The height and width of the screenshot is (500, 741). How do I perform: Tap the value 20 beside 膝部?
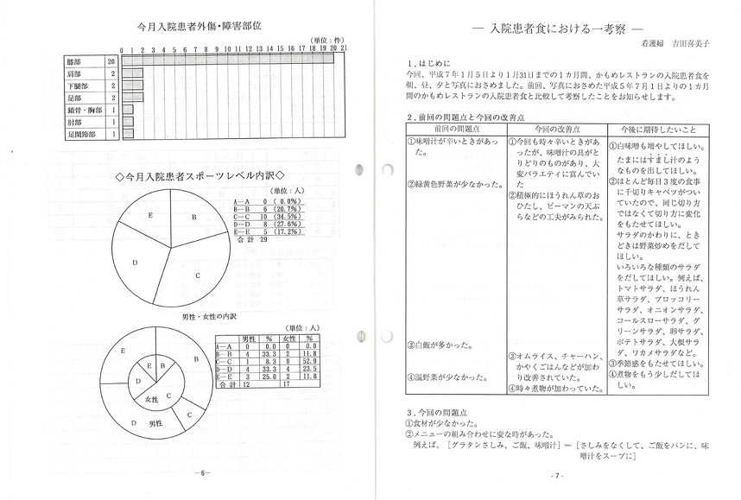[x=111, y=62]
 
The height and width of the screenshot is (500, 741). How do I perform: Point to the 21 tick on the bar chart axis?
[x=344, y=50]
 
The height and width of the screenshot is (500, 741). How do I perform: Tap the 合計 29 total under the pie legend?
[x=250, y=239]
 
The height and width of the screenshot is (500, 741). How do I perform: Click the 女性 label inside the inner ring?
[x=152, y=400]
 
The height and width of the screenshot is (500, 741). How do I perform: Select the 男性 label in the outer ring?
[x=156, y=424]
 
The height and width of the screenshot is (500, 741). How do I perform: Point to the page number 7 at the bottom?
[x=557, y=475]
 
